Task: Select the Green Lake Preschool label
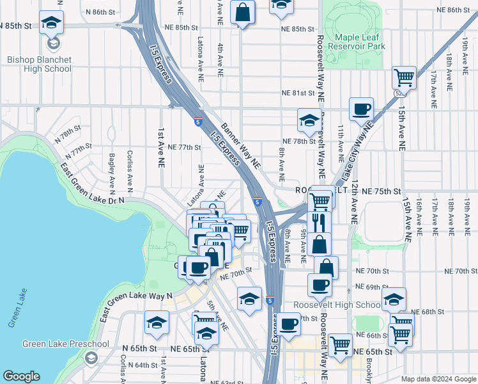[x=66, y=344]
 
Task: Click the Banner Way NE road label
[x=242, y=145]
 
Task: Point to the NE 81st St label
[x=299, y=93]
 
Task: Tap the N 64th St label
[x=143, y=365]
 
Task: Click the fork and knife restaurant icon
[x=318, y=222]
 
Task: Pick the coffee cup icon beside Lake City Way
[x=362, y=109]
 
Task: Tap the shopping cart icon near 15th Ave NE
[x=404, y=78]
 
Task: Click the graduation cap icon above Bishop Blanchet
[x=51, y=23]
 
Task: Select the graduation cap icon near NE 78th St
[x=309, y=120]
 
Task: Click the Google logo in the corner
[x=21, y=376]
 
